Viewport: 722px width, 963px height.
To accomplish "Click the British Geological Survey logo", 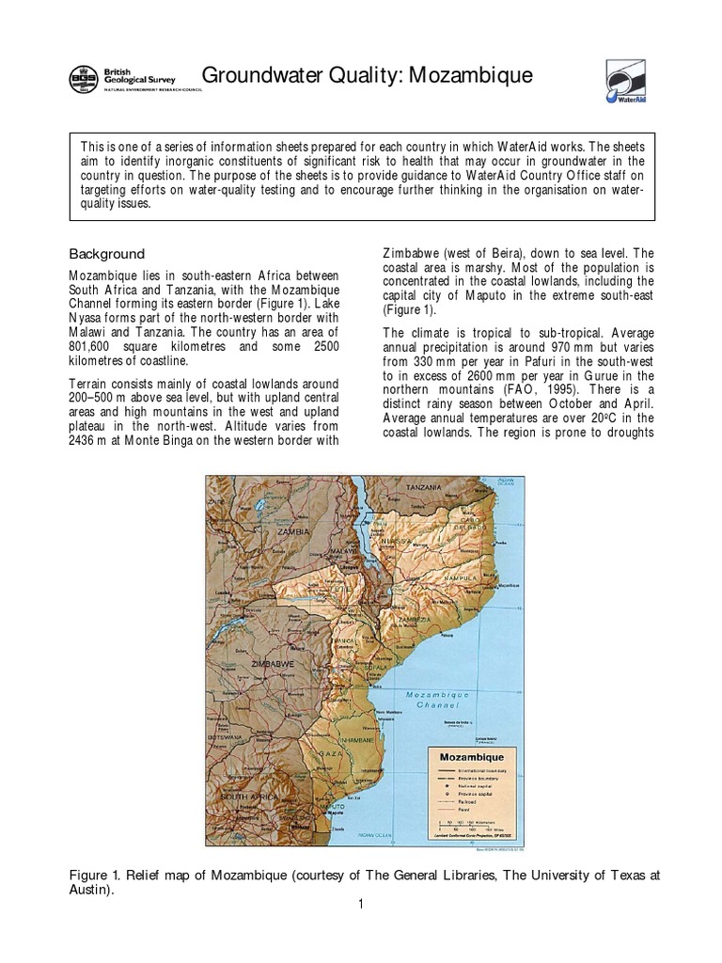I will [x=123, y=79].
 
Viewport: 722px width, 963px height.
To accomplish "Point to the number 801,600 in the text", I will [x=89, y=345].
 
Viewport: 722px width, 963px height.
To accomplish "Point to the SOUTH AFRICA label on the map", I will [x=248, y=796].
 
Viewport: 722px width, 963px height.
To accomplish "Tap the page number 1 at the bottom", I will [x=361, y=905].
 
